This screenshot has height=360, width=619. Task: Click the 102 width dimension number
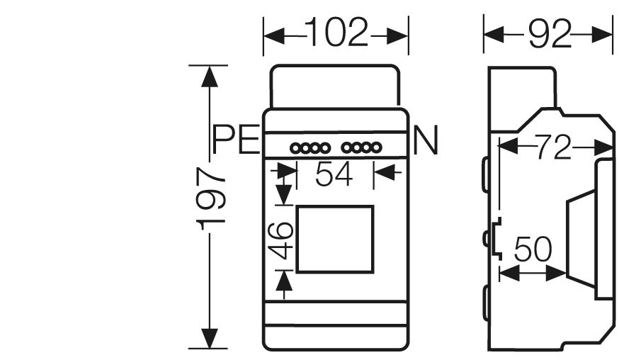tap(336, 32)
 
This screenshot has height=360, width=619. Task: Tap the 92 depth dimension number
tap(550, 35)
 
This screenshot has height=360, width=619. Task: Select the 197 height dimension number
tap(210, 198)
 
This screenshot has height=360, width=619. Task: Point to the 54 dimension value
tap(334, 174)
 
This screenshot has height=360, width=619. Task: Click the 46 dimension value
tap(280, 240)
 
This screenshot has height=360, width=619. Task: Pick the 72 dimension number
tap(553, 147)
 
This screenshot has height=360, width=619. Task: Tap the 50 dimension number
tap(533, 249)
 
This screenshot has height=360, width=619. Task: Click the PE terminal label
tap(236, 140)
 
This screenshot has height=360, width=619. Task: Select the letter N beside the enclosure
tap(426, 140)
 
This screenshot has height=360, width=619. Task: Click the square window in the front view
tap(335, 206)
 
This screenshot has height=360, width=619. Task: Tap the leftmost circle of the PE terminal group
tap(295, 149)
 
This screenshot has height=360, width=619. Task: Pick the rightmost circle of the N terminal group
tap(377, 148)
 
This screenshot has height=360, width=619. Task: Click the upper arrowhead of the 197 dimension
tap(209, 77)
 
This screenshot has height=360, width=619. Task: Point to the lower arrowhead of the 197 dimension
tap(209, 338)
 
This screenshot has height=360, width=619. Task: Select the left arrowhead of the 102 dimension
tap(274, 36)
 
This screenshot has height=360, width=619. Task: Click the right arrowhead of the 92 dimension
tap(601, 35)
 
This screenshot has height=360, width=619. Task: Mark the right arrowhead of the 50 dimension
tap(556, 273)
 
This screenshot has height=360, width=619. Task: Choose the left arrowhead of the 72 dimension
tap(509, 146)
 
